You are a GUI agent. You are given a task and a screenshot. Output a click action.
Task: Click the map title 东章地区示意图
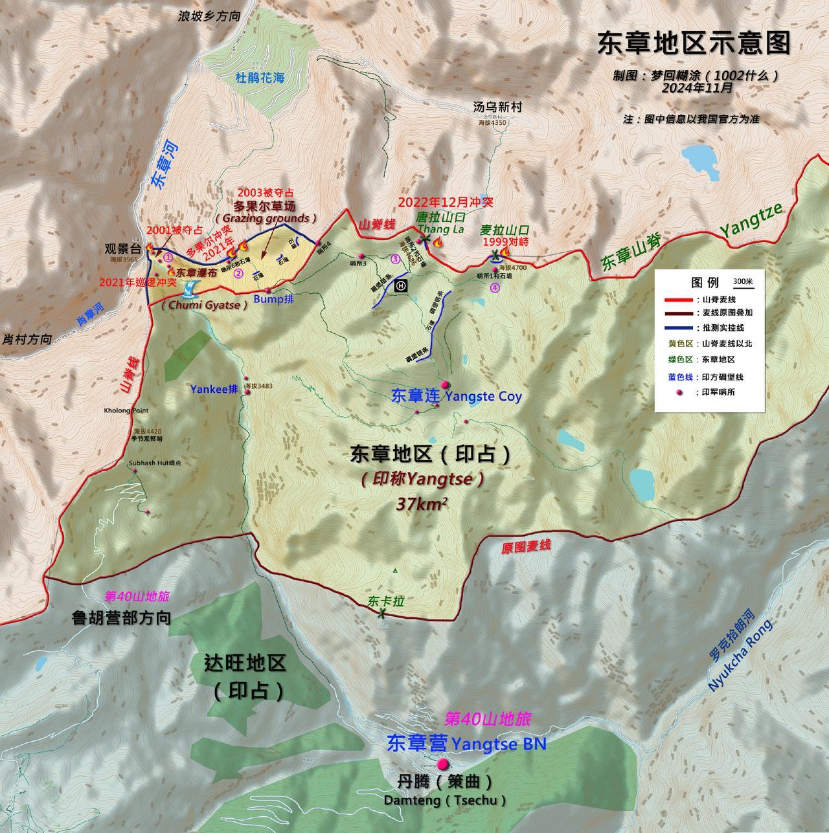tap(694, 43)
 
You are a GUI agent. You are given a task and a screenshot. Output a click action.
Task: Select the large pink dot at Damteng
tap(442, 764)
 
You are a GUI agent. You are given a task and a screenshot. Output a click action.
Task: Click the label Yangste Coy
tap(484, 395)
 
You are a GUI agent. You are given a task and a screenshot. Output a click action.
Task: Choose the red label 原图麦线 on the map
tap(525, 546)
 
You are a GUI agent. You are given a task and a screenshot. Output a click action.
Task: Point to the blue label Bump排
tap(273, 299)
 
